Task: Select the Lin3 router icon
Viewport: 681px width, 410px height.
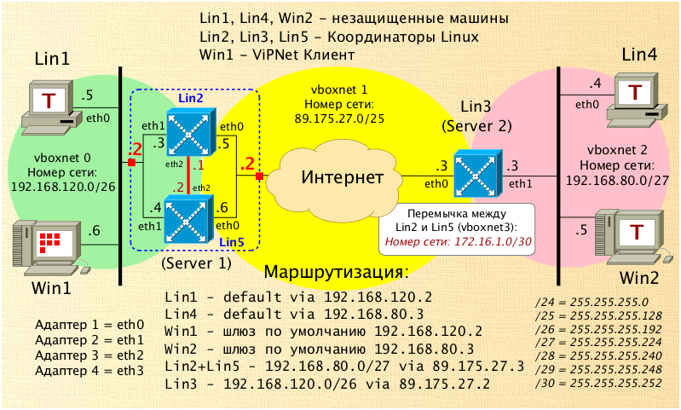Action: pyautogui.click(x=474, y=173)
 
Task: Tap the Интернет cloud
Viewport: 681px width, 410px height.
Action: pyautogui.click(x=341, y=178)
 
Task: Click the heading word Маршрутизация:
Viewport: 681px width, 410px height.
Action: pyautogui.click(x=337, y=273)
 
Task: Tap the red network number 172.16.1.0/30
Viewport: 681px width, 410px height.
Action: pyautogui.click(x=458, y=241)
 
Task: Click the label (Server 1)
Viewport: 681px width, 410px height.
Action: pyautogui.click(x=195, y=264)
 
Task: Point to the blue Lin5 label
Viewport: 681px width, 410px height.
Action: pyautogui.click(x=232, y=242)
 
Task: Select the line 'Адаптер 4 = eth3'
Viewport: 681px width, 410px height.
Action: pyautogui.click(x=89, y=371)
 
